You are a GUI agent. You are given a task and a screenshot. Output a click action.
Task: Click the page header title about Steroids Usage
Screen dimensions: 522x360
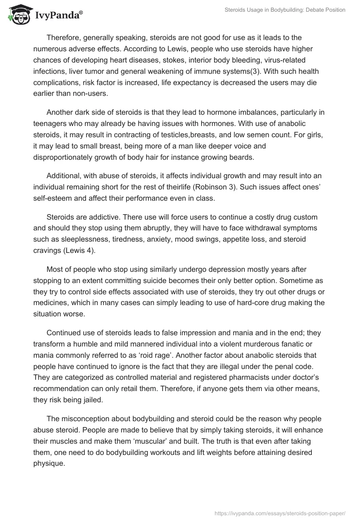[285, 10]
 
